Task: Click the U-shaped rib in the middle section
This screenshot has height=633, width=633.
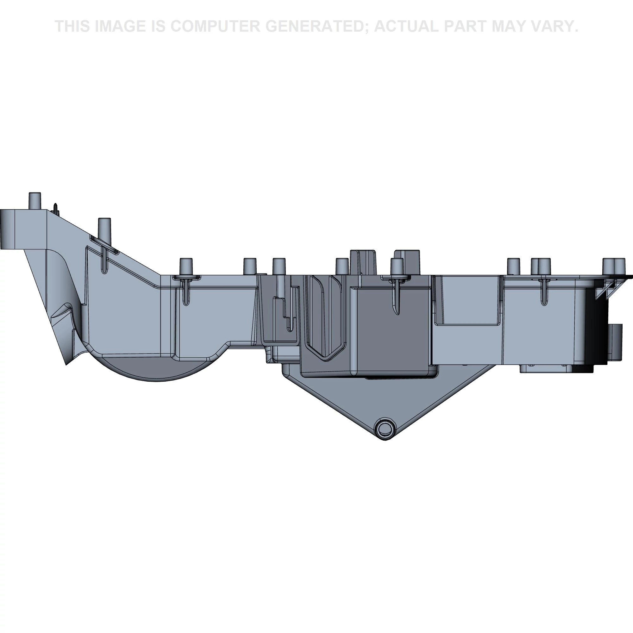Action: tap(325, 318)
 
